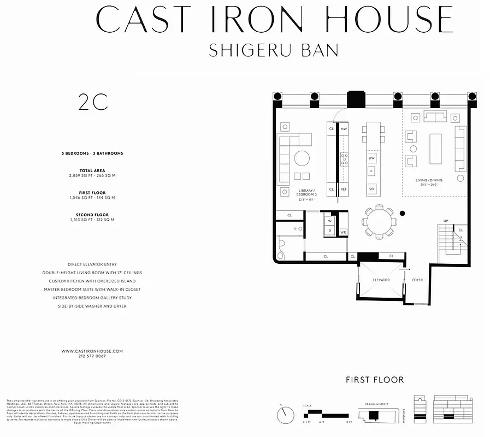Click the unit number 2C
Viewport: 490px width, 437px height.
coord(93,103)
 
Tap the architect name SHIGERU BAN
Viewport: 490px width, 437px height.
coord(274,50)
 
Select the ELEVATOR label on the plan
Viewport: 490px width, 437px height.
coord(381,280)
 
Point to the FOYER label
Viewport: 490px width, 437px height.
coord(417,280)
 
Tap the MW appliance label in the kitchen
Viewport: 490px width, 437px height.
coord(344,128)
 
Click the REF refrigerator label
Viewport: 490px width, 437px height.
coord(344,189)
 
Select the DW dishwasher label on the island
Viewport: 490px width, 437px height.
coord(371,158)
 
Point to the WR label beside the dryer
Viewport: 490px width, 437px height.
coord(343,232)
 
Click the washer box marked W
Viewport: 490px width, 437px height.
coord(330,221)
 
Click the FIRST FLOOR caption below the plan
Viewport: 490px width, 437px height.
coord(375,380)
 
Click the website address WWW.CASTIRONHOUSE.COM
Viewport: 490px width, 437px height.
coord(92,351)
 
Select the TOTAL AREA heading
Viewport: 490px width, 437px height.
coord(92,170)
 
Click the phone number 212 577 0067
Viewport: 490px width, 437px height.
coord(92,356)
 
